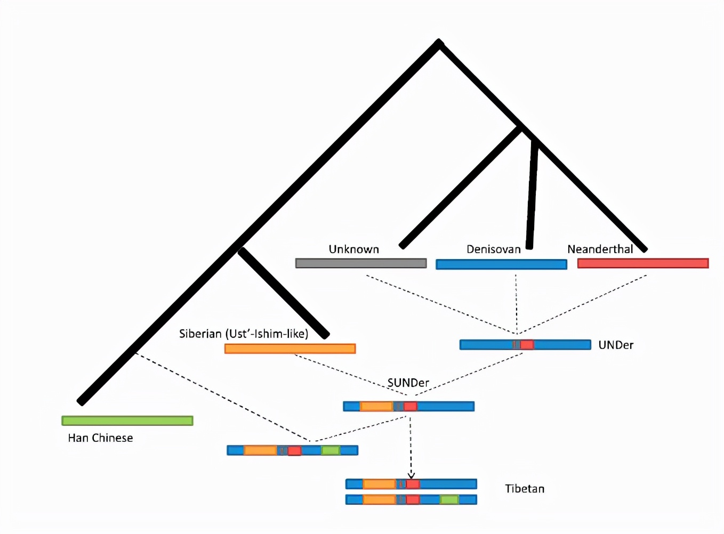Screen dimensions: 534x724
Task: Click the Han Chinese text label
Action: pyautogui.click(x=100, y=438)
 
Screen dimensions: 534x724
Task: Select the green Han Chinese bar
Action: pyautogui.click(x=127, y=421)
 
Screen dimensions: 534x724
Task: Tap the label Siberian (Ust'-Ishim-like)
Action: pyautogui.click(x=244, y=334)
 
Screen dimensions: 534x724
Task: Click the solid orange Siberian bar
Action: pyautogui.click(x=289, y=349)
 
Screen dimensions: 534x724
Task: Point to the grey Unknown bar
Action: pyautogui.click(x=360, y=263)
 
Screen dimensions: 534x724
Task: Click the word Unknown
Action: pyautogui.click(x=353, y=249)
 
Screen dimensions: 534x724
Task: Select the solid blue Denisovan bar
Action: pyautogui.click(x=501, y=264)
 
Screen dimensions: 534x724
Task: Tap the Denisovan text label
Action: pyautogui.click(x=493, y=249)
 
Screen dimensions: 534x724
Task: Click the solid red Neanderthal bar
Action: pyautogui.click(x=642, y=263)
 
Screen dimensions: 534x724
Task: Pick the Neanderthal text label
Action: pyautogui.click(x=600, y=249)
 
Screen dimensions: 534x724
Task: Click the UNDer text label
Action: pyautogui.click(x=616, y=345)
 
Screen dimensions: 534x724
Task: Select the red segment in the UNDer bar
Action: pyautogui.click(x=527, y=345)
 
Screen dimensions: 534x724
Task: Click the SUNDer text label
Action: pyautogui.click(x=408, y=383)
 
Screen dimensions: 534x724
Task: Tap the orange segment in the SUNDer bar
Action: pyautogui.click(x=376, y=407)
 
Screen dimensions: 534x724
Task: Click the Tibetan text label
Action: pyautogui.click(x=525, y=489)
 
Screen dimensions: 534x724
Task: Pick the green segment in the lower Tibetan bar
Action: pyautogui.click(x=449, y=500)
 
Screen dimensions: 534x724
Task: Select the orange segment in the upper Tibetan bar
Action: pyautogui.click(x=379, y=484)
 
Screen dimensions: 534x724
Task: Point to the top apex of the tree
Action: pyautogui.click(x=439, y=43)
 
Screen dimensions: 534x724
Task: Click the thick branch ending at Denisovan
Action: pyautogui.click(x=532, y=197)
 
